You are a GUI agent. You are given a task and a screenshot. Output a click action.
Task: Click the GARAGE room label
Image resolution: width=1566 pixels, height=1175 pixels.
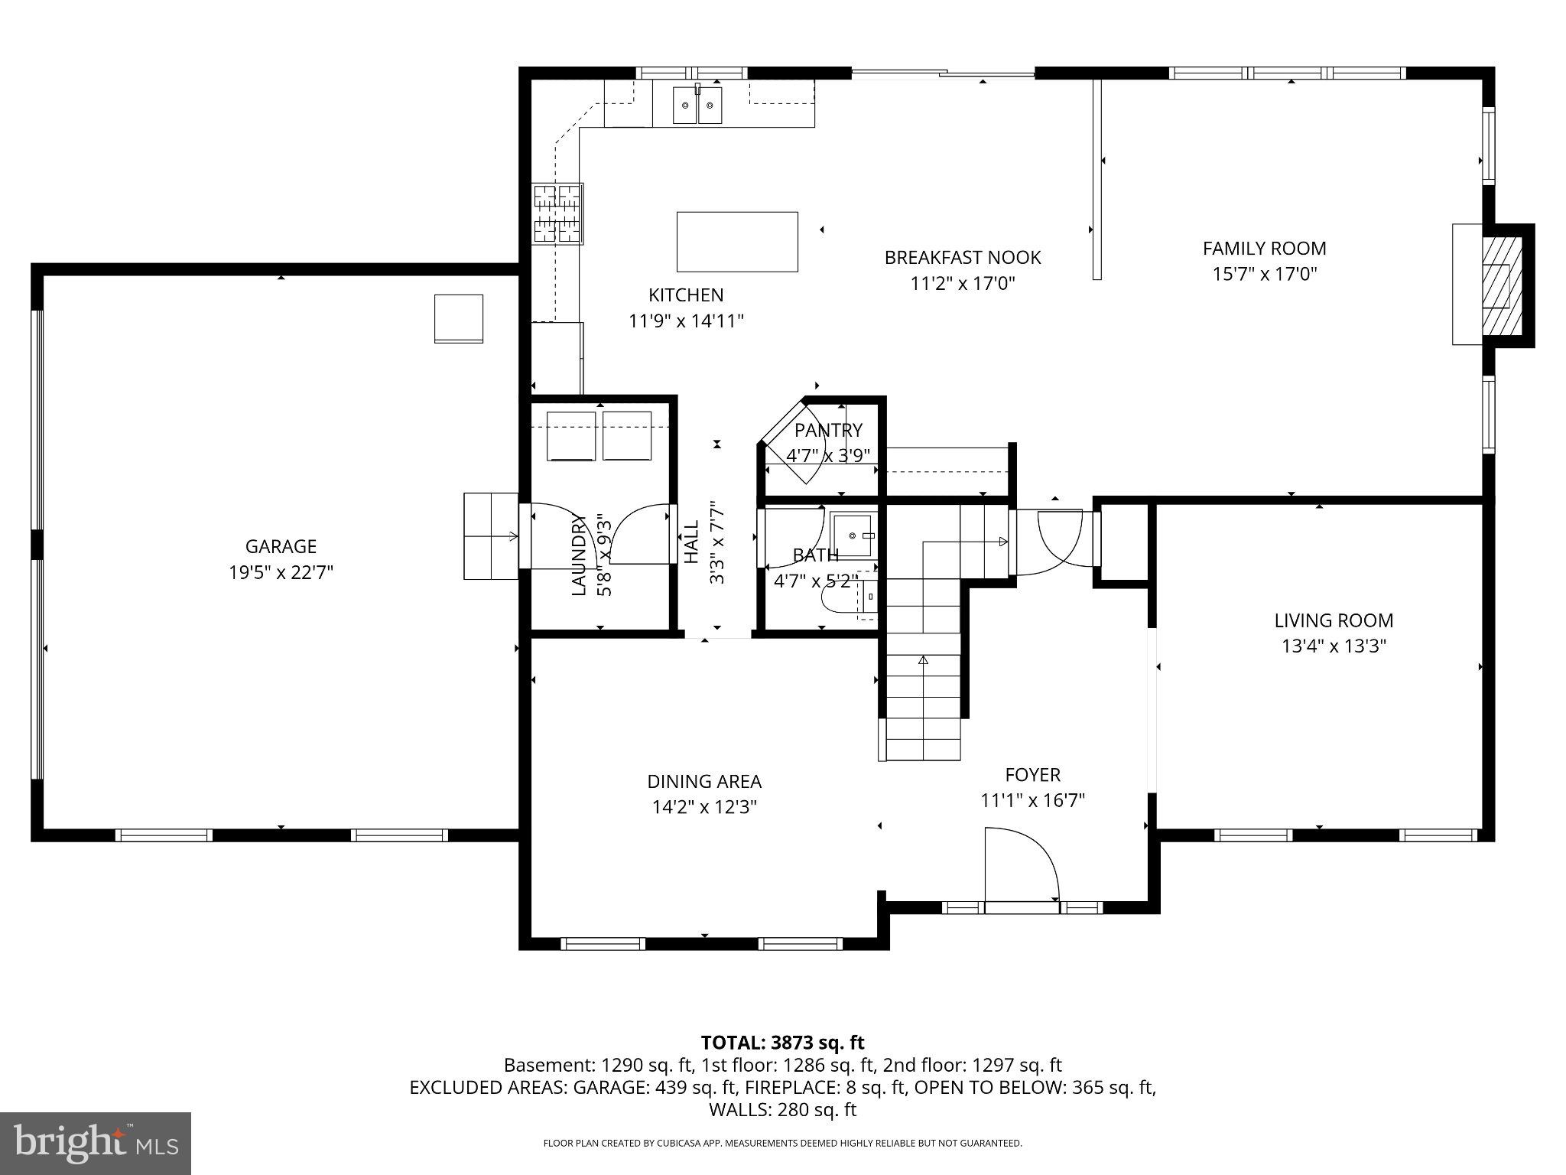pyautogui.click(x=281, y=546)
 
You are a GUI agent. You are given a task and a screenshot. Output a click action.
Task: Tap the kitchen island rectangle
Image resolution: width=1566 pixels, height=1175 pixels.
pyautogui.click(x=737, y=242)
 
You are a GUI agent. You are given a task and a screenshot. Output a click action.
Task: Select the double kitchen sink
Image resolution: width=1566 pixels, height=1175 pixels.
pyautogui.click(x=697, y=106)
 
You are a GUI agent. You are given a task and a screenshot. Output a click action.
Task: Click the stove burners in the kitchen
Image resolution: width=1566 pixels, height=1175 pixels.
pyautogui.click(x=557, y=214)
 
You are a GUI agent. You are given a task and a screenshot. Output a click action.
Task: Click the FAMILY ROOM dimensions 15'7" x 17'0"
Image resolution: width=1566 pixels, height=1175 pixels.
pyautogui.click(x=1264, y=274)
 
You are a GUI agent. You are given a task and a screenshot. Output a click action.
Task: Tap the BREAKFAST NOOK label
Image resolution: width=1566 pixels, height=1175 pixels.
pyautogui.click(x=962, y=258)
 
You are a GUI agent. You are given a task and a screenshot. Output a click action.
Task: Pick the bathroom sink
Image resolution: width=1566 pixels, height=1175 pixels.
pyautogui.click(x=852, y=534)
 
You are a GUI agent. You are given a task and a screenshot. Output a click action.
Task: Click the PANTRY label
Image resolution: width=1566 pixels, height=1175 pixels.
pyautogui.click(x=828, y=430)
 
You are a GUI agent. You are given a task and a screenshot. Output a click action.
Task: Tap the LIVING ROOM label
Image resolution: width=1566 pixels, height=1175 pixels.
pyautogui.click(x=1334, y=620)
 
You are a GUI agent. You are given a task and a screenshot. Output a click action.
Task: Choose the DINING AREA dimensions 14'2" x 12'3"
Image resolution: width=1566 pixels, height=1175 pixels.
pyautogui.click(x=704, y=807)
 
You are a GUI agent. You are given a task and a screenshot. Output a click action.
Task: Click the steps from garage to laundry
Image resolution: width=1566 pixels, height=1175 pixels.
pyautogui.click(x=491, y=536)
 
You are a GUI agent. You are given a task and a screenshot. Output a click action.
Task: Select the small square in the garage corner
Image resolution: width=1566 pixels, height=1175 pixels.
pyautogui.click(x=459, y=318)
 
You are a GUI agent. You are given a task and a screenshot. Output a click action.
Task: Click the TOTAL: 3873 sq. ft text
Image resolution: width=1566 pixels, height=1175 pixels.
pyautogui.click(x=782, y=1043)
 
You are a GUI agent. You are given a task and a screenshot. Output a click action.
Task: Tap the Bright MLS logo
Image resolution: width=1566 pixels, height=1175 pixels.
pyautogui.click(x=96, y=1144)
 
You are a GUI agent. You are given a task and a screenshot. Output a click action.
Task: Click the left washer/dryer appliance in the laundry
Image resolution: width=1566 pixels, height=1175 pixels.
pyautogui.click(x=571, y=436)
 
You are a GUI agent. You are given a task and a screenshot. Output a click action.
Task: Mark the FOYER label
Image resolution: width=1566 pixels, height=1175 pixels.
pyautogui.click(x=1032, y=774)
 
